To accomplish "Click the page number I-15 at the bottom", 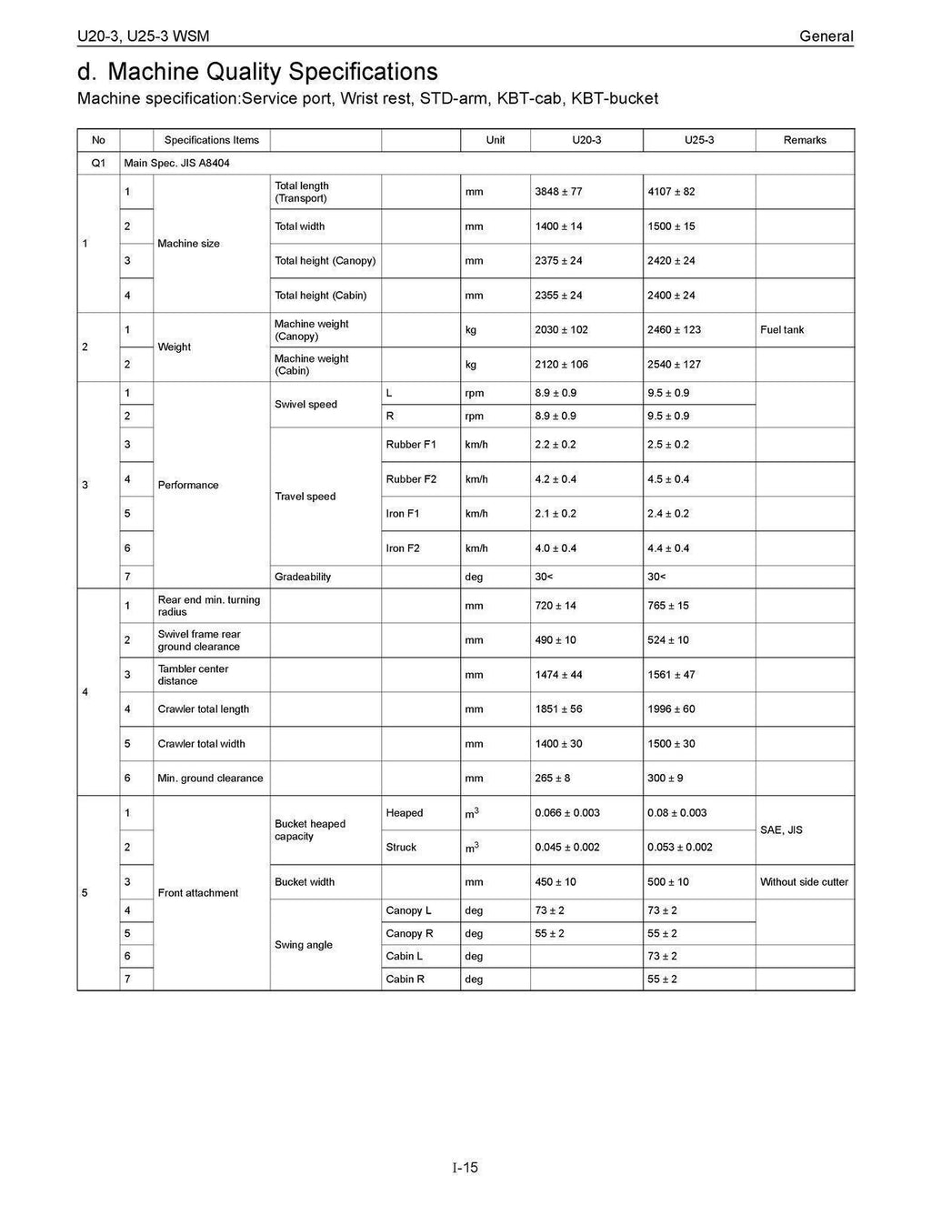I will coord(465,1167).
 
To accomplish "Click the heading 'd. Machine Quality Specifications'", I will coord(257,72).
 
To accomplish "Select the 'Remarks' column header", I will coord(805,140).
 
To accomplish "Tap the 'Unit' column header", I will coord(496,140).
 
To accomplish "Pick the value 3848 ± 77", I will coord(558,192).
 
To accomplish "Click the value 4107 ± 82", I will coord(671,192).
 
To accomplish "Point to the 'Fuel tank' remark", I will coord(782,330).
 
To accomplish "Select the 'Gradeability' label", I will coord(303,577).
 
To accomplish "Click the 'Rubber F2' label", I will coord(411,479).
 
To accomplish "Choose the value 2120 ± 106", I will coord(561,365).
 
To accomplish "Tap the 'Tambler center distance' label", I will coord(193,675).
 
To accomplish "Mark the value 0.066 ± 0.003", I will coord(567,813).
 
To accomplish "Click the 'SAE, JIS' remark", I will coord(781,830).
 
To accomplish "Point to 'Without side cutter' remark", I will coord(804,882).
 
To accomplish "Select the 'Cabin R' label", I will coord(405,980).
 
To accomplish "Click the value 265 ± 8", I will coord(552,779).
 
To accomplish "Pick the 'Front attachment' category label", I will coord(197,893).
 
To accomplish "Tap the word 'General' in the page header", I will coord(826,36).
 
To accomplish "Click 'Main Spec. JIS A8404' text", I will coord(183,164).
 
